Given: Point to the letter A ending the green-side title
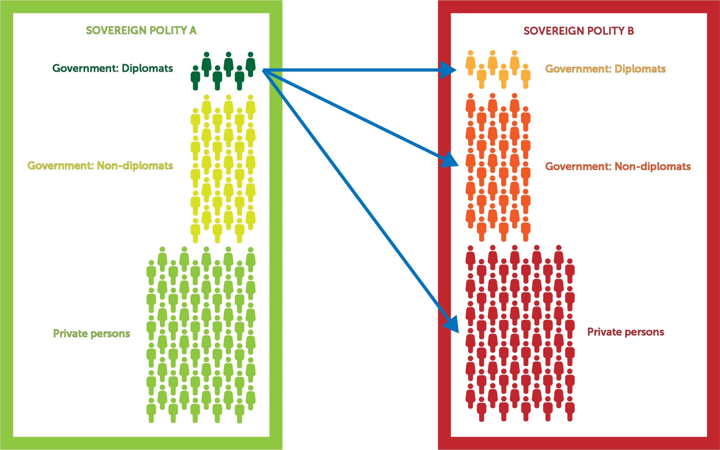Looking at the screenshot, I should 193,30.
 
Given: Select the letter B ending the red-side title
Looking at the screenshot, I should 631,31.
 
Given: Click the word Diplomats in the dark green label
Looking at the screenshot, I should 147,69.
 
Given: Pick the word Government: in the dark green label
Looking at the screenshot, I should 86,69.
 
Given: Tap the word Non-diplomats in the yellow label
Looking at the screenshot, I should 135,166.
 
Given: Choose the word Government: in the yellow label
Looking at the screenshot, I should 61,166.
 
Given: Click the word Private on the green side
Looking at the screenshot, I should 70,334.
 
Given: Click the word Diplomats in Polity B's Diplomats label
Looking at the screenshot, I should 640,69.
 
